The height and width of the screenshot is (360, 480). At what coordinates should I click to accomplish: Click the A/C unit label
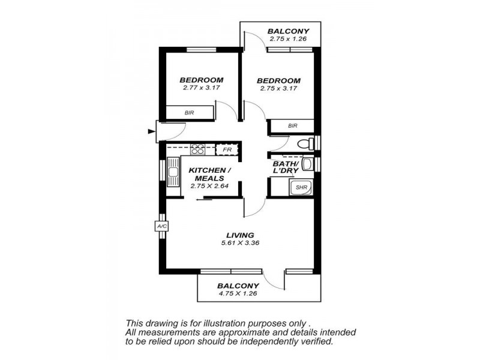(x=161, y=226)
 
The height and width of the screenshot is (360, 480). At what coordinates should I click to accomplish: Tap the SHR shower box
(x=301, y=187)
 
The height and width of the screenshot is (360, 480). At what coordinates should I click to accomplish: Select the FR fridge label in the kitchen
(x=227, y=149)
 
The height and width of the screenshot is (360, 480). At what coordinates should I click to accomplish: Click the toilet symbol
(x=306, y=144)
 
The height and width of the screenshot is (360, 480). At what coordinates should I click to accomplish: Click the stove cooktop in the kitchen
(x=198, y=148)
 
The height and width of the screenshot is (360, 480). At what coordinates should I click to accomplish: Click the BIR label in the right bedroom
(x=292, y=126)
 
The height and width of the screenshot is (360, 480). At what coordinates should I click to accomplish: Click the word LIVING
(x=240, y=235)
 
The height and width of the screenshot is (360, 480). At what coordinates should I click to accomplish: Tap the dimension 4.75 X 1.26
(x=238, y=294)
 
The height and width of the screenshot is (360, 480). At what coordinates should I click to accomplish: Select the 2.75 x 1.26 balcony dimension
(x=288, y=38)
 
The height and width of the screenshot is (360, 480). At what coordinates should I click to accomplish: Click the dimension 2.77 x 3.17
(x=202, y=88)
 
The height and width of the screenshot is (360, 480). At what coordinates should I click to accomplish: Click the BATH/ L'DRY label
(x=286, y=167)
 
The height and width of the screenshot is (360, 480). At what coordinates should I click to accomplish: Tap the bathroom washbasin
(x=307, y=164)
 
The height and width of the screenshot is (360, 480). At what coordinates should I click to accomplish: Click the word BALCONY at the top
(x=288, y=31)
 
